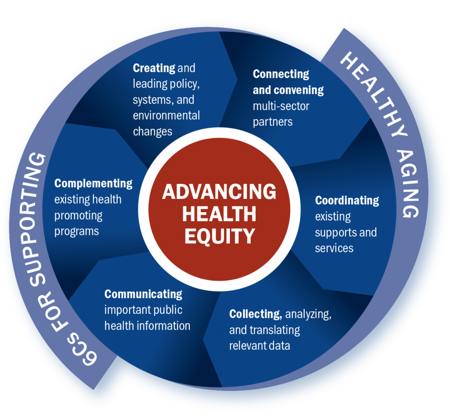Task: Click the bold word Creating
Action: [x=154, y=68]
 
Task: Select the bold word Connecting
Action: [x=281, y=74]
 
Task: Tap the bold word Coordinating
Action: [x=347, y=201]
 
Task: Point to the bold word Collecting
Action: [x=255, y=314]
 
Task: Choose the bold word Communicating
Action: [x=143, y=294]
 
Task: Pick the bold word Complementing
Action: [x=93, y=183]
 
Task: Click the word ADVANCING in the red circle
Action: [x=219, y=191]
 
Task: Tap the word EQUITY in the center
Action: [x=220, y=236]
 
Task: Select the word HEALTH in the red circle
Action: [x=219, y=214]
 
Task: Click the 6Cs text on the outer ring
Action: [x=82, y=349]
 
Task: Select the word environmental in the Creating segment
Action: [x=166, y=115]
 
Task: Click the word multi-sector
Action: [x=281, y=106]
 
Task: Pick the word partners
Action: [x=272, y=122]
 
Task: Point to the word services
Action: [x=334, y=248]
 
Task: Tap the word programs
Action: [x=76, y=231]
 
